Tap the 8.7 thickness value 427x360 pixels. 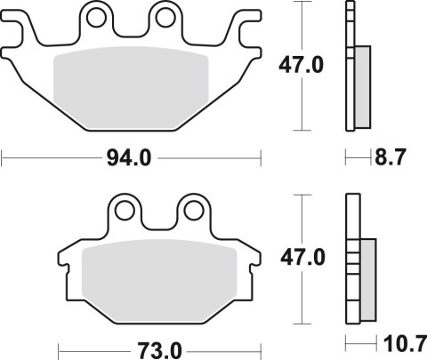pos(391,159)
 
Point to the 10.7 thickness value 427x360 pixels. pos(402,342)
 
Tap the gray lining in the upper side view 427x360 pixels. pos(363,89)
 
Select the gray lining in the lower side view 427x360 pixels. pos(367,283)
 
